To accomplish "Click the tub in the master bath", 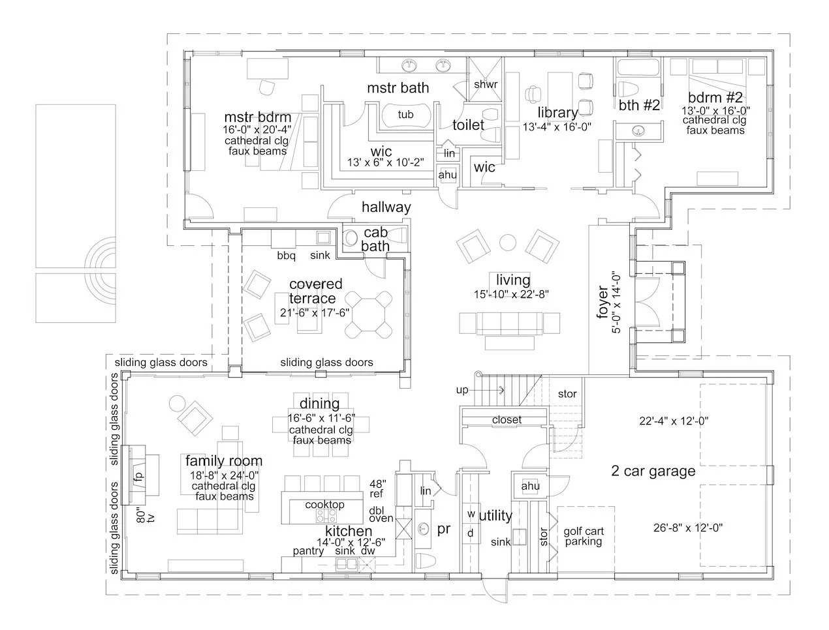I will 405,115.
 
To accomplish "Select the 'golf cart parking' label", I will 584,536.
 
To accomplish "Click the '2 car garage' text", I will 653,471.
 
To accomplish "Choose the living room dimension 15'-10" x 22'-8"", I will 512,294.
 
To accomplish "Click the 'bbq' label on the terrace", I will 286,256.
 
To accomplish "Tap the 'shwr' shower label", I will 485,84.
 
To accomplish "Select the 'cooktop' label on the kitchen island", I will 324,505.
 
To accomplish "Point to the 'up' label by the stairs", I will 463,390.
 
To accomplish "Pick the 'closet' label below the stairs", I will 507,420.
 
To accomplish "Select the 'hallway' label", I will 386,207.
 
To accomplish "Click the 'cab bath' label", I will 376,239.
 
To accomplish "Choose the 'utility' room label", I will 495,516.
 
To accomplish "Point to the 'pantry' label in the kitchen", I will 308,551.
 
